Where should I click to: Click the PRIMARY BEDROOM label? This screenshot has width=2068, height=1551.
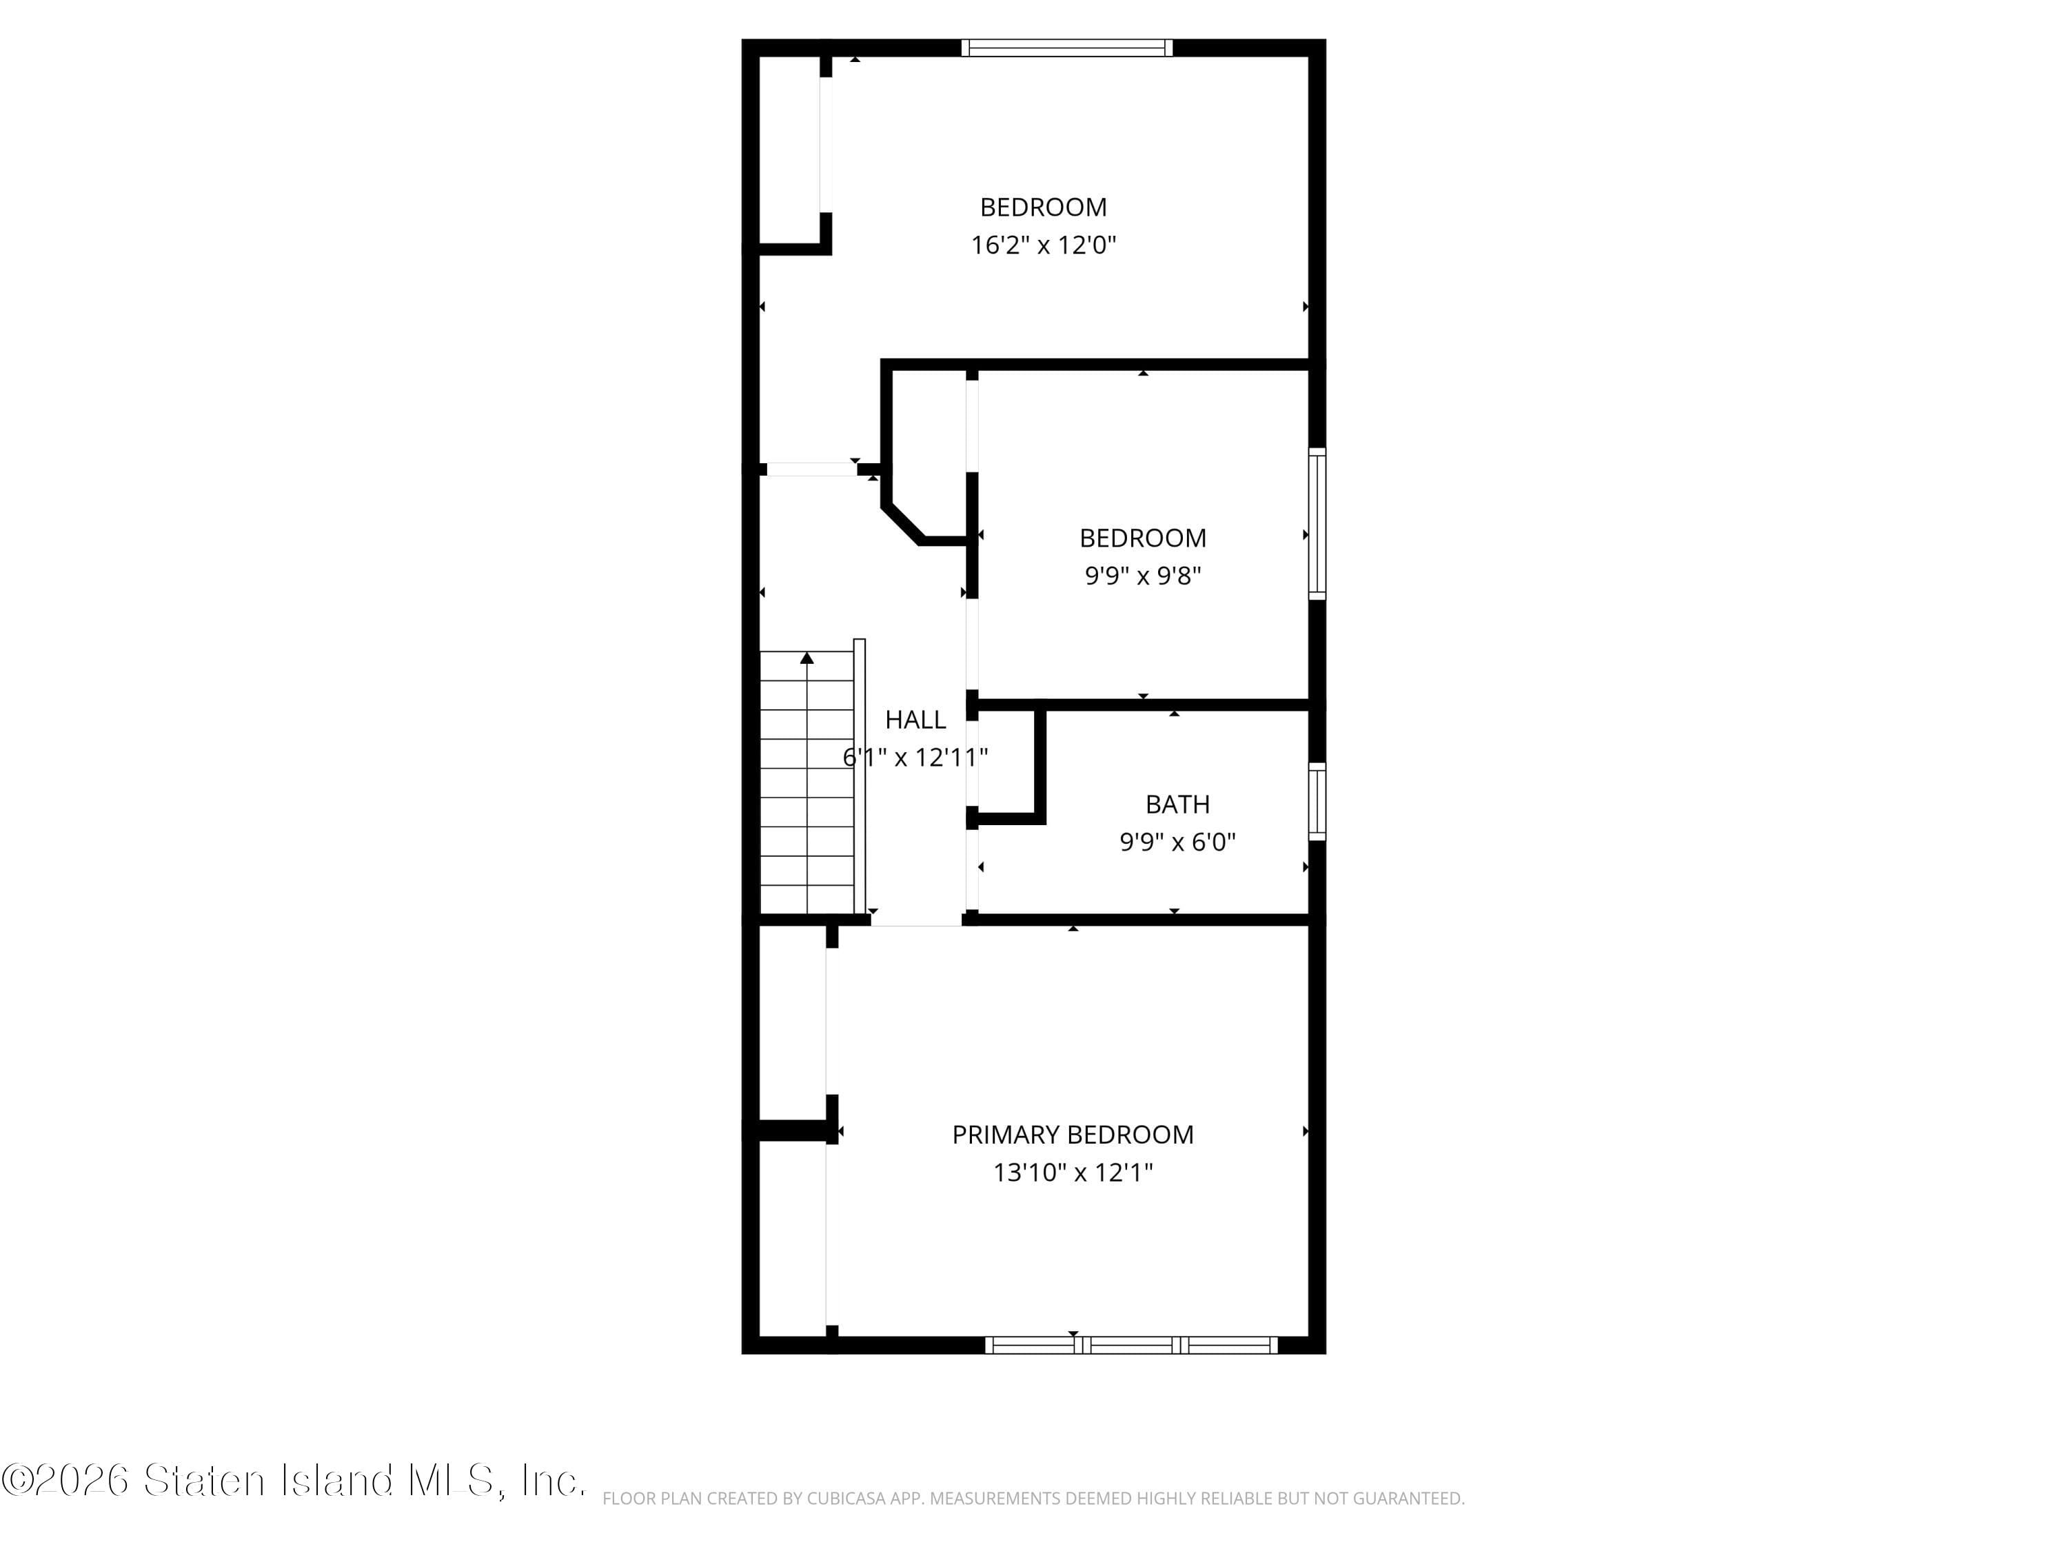pyautogui.click(x=1073, y=1135)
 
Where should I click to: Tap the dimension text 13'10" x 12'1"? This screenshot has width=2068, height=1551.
pyautogui.click(x=1073, y=1173)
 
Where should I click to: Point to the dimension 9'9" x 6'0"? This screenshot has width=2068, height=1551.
pyautogui.click(x=1177, y=842)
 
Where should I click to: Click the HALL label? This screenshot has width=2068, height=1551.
pyautogui.click(x=915, y=720)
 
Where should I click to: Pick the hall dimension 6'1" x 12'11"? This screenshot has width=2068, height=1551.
pyautogui.click(x=915, y=758)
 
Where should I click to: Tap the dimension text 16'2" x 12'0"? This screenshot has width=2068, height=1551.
pyautogui.click(x=1044, y=245)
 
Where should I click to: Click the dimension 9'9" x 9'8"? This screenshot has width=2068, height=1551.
pyautogui.click(x=1142, y=576)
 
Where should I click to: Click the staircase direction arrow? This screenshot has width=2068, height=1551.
pyautogui.click(x=807, y=659)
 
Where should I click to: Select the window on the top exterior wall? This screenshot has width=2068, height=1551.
pyautogui.click(x=1066, y=48)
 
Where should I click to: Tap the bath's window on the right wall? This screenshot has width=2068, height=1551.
pyautogui.click(x=1317, y=801)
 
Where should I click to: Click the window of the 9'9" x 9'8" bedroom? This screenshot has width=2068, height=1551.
pyautogui.click(x=1317, y=523)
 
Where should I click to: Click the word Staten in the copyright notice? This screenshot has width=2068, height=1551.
pyautogui.click(x=205, y=1481)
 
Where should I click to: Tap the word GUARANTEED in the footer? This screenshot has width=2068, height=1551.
pyautogui.click(x=1407, y=1499)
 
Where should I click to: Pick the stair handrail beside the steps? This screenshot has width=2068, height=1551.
pyautogui.click(x=859, y=776)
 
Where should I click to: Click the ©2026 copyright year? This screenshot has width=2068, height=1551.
pyautogui.click(x=65, y=1481)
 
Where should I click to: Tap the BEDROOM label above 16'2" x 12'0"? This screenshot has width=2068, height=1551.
pyautogui.click(x=1044, y=207)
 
